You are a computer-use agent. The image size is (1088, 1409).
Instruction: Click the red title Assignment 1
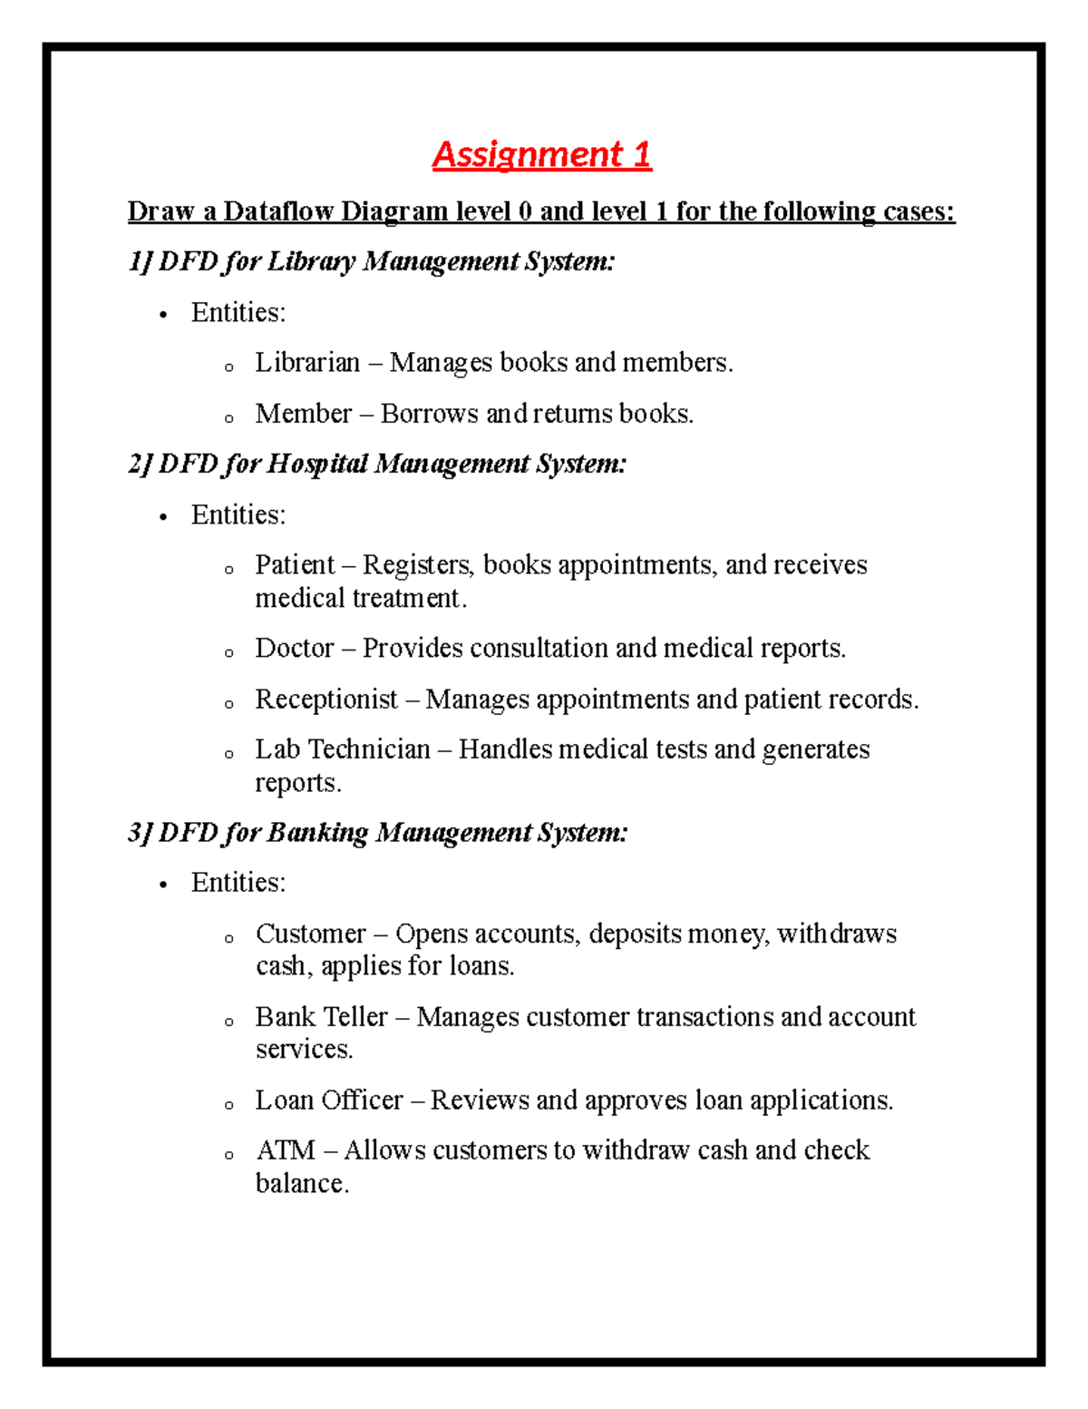(541, 155)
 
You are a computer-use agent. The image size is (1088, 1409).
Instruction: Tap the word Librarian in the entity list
(307, 363)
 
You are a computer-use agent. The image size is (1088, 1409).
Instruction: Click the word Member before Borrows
(303, 414)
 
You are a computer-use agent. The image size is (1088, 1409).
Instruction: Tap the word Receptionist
(326, 700)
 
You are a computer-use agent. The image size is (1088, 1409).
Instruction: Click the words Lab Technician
(343, 749)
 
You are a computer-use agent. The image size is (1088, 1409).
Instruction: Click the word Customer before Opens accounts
(311, 934)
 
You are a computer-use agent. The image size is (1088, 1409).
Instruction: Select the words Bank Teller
(321, 1017)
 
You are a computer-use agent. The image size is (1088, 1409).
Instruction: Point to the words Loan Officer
(328, 1101)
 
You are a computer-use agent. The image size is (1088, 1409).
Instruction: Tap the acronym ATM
(285, 1150)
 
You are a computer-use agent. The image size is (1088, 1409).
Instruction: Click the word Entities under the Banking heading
(238, 883)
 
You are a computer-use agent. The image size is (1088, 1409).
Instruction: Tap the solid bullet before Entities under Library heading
(163, 315)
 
